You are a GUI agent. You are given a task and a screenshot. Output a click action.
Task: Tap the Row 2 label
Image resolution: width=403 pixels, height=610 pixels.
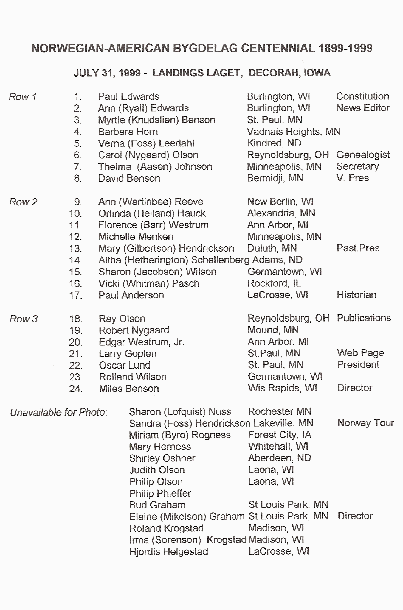tap(23, 202)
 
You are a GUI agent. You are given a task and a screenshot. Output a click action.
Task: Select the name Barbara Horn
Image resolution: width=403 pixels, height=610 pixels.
tap(128, 132)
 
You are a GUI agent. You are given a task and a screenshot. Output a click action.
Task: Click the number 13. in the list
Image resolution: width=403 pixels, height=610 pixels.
tap(75, 248)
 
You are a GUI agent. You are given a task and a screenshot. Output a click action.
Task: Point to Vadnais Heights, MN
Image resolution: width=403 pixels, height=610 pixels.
tap(294, 131)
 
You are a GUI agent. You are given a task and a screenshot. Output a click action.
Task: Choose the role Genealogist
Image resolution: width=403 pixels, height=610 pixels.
tap(363, 155)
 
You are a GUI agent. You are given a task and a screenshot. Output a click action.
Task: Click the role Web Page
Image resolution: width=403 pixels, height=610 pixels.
tap(360, 353)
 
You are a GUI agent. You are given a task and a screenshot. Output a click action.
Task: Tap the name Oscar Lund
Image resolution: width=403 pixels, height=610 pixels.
tap(125, 365)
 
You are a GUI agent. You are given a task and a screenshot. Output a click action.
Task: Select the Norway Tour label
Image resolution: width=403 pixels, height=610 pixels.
tap(366, 423)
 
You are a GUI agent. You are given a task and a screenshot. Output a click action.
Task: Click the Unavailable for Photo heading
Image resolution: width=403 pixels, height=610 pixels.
tap(58, 412)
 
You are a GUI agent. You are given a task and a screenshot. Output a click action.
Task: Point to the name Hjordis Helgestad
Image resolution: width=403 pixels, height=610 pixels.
tap(169, 552)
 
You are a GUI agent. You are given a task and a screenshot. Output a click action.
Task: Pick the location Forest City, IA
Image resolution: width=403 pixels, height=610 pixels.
tap(280, 435)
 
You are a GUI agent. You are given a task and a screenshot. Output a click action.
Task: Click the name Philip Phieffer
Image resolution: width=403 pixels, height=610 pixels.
tap(160, 493)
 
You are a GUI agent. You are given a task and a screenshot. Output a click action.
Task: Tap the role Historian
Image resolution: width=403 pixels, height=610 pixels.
tap(356, 295)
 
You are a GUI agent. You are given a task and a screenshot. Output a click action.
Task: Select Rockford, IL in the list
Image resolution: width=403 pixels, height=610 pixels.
tap(274, 283)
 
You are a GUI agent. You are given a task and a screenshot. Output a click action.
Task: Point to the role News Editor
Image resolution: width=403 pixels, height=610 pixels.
tap(363, 108)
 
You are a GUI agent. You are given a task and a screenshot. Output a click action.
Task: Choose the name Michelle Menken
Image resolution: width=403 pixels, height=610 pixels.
tap(136, 237)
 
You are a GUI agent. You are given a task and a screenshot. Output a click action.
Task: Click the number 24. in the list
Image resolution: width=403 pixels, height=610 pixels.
tap(75, 389)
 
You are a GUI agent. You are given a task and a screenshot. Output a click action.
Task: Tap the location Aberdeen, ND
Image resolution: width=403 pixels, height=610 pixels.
tap(280, 458)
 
